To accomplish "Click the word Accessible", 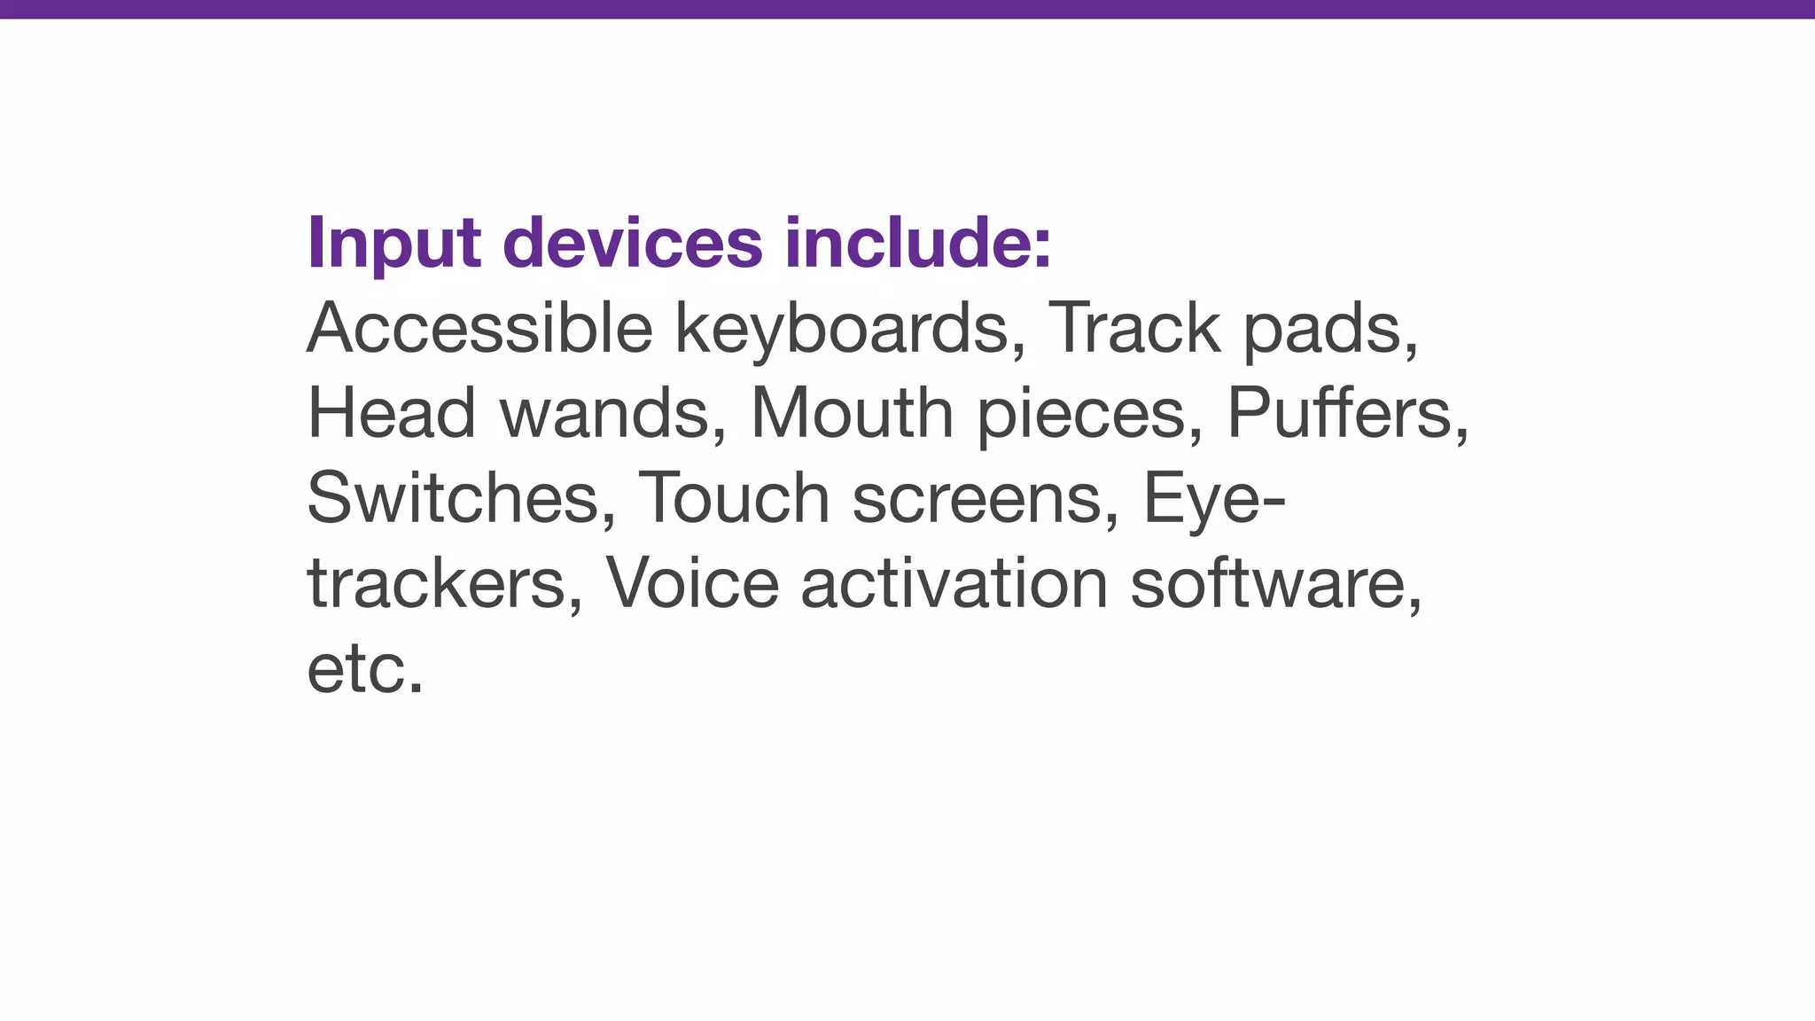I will (x=479, y=327).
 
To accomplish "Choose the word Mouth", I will (x=852, y=412).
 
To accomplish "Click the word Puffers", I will (x=1346, y=412).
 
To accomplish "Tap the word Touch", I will (x=734, y=497).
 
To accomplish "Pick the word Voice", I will (x=691, y=582).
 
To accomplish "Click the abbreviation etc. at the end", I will (x=364, y=667).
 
